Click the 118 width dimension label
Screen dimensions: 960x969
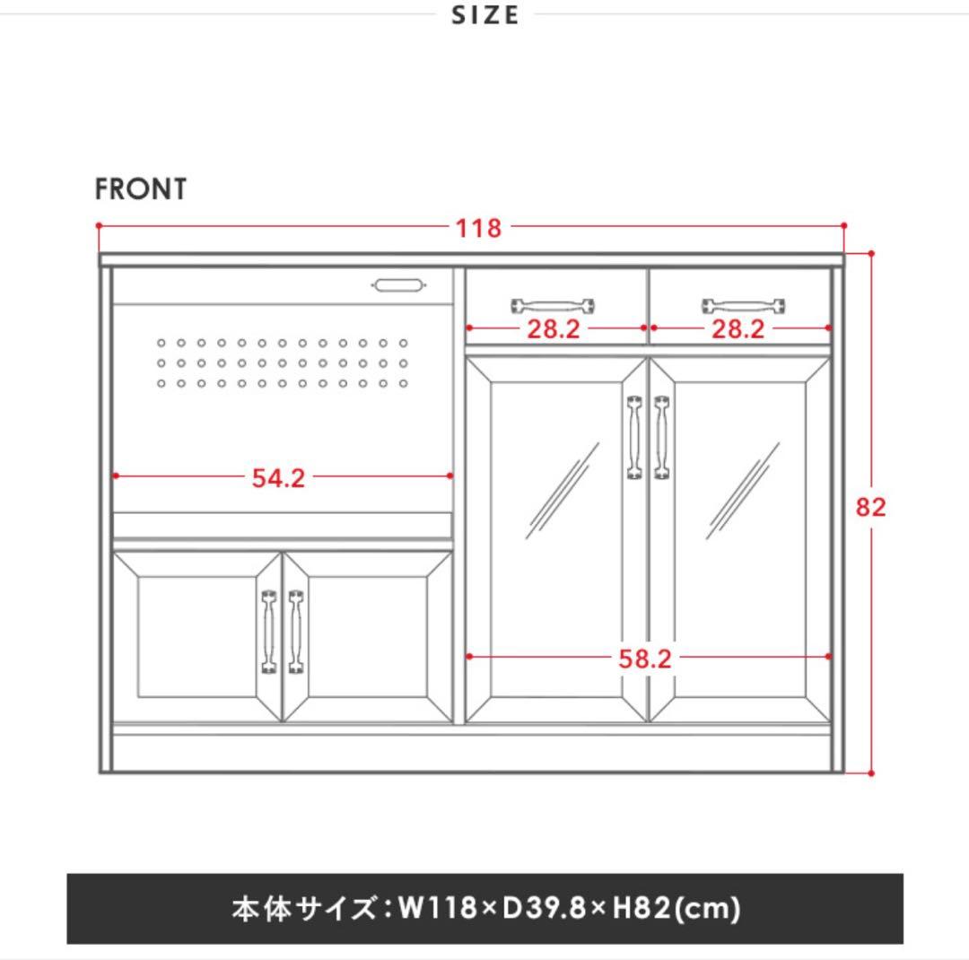coord(478,228)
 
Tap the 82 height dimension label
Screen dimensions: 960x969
coord(870,507)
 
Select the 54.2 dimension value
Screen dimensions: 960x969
coord(278,477)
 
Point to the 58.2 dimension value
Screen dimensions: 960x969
coord(644,659)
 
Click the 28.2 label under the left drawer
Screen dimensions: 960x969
coord(553,329)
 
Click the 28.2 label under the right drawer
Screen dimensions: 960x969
coord(738,329)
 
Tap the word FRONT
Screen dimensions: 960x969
coord(141,189)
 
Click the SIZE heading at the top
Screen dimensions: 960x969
coord(485,15)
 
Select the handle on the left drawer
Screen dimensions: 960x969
coord(554,305)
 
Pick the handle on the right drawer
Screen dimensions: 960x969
coord(744,305)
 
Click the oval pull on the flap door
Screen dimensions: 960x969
coord(397,285)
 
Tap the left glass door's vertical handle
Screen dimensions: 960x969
coord(634,437)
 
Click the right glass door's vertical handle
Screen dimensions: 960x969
coord(662,437)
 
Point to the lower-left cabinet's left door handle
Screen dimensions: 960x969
coord(268,631)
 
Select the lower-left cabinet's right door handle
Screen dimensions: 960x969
coord(295,631)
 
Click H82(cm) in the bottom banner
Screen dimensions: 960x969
coord(677,909)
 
